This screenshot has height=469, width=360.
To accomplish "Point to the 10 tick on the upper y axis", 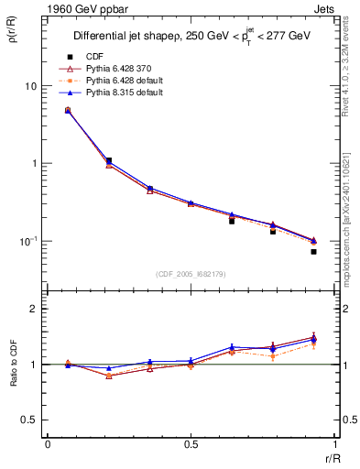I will tap(29, 86).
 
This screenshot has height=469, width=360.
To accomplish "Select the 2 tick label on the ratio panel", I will tap(34, 310).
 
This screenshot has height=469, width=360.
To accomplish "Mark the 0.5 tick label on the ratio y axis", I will tap(29, 420).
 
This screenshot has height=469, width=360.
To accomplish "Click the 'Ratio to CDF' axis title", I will tap(14, 365).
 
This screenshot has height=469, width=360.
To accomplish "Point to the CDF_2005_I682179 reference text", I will tap(191, 274).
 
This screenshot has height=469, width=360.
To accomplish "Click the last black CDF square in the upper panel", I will tap(313, 251).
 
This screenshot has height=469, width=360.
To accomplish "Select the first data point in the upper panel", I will tap(68, 110).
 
